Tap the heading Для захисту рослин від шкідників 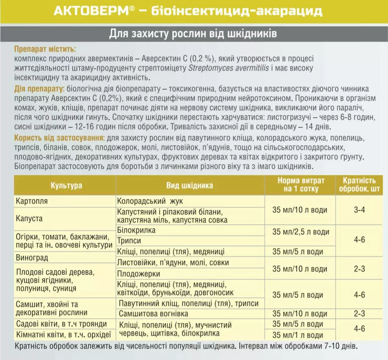pyautogui.click(x=193, y=34)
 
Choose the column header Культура pyautogui.click(x=66, y=185)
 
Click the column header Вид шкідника pyautogui.click(x=190, y=185)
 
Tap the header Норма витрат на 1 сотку pyautogui.click(x=301, y=185)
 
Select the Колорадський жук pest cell pyautogui.click(x=150, y=201)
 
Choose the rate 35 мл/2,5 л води pyautogui.click(x=301, y=232)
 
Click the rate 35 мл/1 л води pyautogui.click(x=298, y=335)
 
